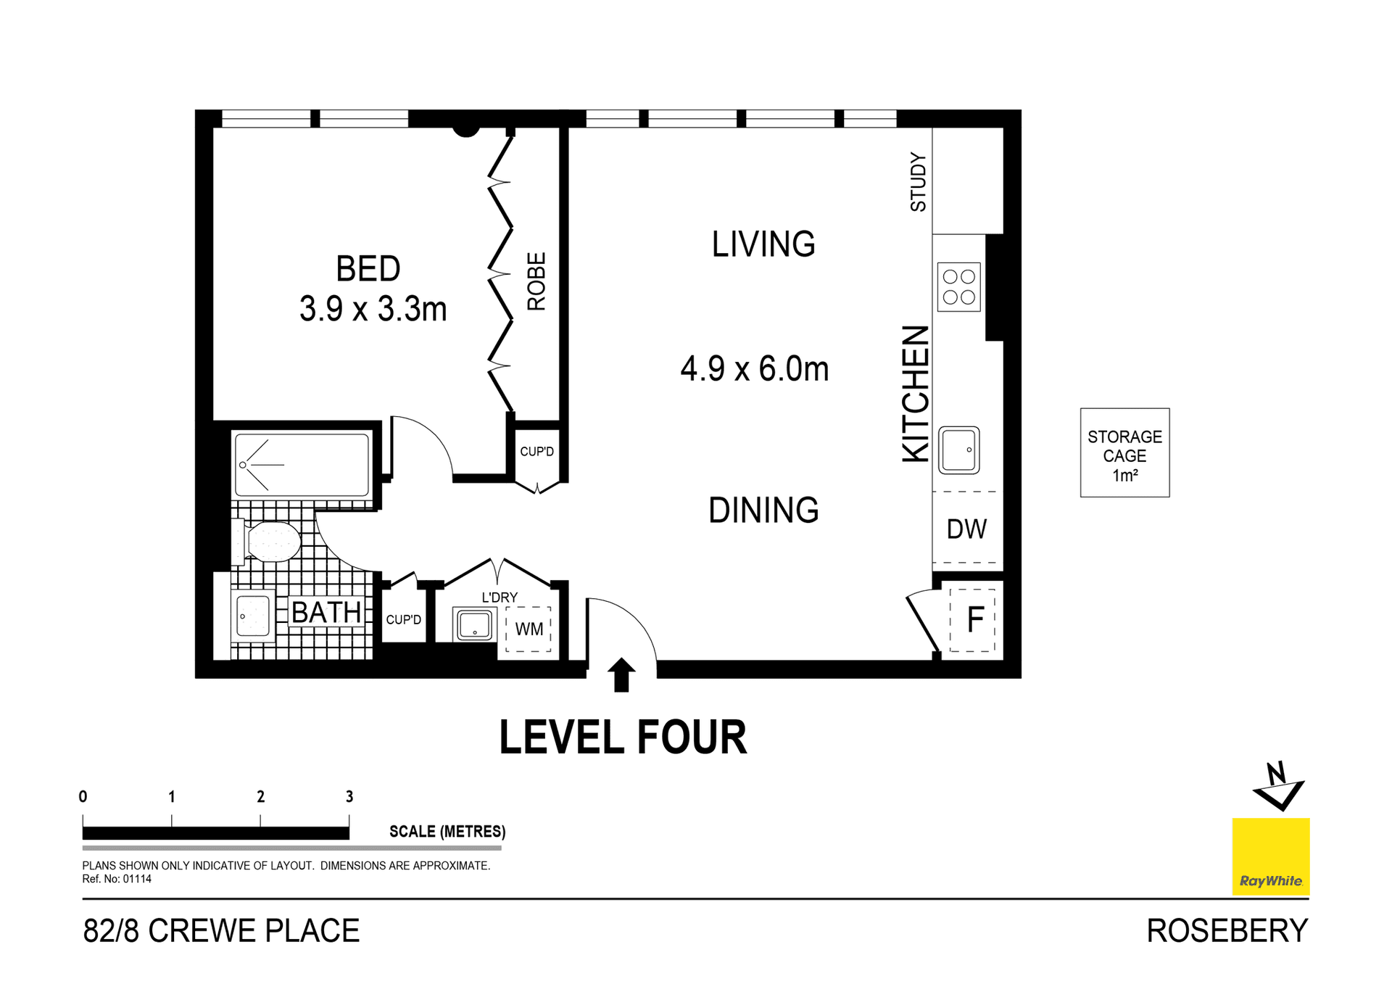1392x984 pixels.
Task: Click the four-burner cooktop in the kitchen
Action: pyautogui.click(x=958, y=287)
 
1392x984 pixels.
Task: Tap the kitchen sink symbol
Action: pyautogui.click(x=958, y=450)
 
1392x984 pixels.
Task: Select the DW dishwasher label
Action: pyautogui.click(x=966, y=529)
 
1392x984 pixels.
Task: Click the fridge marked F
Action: pyautogui.click(x=974, y=619)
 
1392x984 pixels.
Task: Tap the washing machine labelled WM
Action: pyautogui.click(x=529, y=629)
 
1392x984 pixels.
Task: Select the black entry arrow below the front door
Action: pyautogui.click(x=621, y=674)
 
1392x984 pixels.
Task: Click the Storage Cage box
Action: pyautogui.click(x=1124, y=453)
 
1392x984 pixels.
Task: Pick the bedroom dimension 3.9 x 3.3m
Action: pyautogui.click(x=373, y=310)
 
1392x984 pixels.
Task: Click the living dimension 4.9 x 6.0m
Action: pyautogui.click(x=754, y=369)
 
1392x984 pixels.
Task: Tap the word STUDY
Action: pyautogui.click(x=918, y=182)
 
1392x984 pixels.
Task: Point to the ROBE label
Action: pyautogui.click(x=536, y=281)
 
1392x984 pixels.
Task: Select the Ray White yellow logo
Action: pyautogui.click(x=1270, y=856)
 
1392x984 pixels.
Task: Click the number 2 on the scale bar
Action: pyautogui.click(x=260, y=797)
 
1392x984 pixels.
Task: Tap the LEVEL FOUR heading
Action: pyautogui.click(x=623, y=738)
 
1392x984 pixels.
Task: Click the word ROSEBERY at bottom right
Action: pyautogui.click(x=1227, y=931)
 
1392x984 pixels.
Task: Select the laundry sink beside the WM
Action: pyautogui.click(x=474, y=624)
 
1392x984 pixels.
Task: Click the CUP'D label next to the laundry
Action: pyautogui.click(x=403, y=620)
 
